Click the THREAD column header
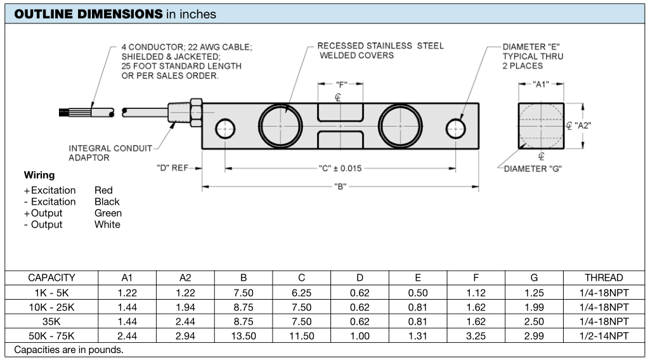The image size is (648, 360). (604, 278)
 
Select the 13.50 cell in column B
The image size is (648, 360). (243, 336)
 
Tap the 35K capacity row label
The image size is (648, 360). (51, 321)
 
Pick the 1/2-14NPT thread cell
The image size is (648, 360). (604, 336)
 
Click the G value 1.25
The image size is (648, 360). (534, 293)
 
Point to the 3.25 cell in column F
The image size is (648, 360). (476, 336)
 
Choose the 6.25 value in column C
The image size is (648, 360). (301, 293)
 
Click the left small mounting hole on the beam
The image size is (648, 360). (225, 129)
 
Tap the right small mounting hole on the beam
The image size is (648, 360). (455, 129)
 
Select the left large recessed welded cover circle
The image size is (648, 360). (280, 125)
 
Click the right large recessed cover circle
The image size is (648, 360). (400, 125)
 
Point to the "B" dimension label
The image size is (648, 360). (340, 187)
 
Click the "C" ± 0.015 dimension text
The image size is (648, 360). (340, 168)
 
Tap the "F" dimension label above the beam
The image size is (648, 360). (341, 85)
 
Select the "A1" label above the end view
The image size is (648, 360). (541, 85)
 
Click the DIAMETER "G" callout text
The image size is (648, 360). (533, 169)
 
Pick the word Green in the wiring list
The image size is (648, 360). (108, 213)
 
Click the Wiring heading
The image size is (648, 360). (39, 176)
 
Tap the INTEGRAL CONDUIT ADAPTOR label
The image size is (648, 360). (110, 153)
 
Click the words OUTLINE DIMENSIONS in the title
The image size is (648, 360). (88, 14)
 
